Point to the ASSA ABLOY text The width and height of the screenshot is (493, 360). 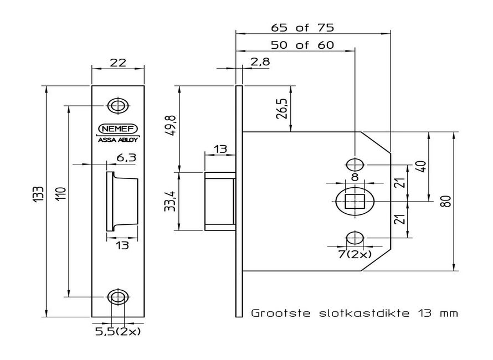pyautogui.click(x=118, y=140)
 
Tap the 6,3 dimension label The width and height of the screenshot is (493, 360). pyautogui.click(x=126, y=158)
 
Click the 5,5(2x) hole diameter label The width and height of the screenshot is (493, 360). pyautogui.click(x=119, y=332)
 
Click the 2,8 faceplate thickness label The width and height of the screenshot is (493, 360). pyautogui.click(x=260, y=62)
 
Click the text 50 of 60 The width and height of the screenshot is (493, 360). pyautogui.click(x=302, y=45)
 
